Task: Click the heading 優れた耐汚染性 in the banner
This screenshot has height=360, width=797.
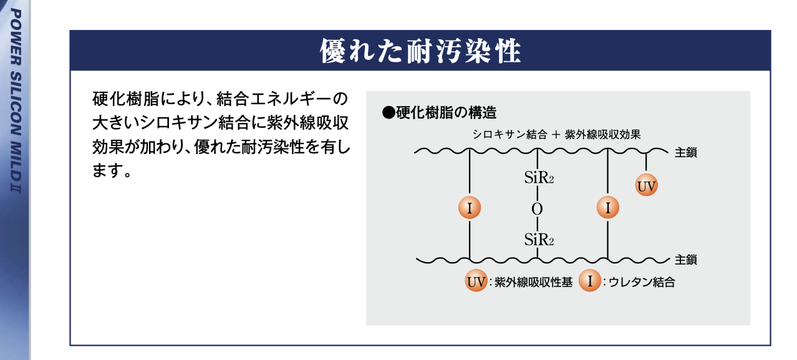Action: (x=420, y=51)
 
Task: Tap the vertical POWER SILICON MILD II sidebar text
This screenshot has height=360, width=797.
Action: (x=16, y=100)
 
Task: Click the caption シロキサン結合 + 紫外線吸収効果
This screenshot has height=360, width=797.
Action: (x=556, y=134)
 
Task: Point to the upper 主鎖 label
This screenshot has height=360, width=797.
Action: (x=685, y=152)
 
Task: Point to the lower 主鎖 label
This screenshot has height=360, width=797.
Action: (x=685, y=260)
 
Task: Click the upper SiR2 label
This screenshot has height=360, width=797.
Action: (x=539, y=178)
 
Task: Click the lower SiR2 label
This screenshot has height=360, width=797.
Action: (x=539, y=238)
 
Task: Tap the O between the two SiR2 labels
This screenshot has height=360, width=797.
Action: (x=537, y=208)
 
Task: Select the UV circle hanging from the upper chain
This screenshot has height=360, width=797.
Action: (x=647, y=185)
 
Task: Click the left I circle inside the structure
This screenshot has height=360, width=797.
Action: (x=469, y=208)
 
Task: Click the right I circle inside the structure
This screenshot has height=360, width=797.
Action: (x=607, y=208)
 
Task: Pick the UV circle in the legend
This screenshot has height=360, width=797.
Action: (x=476, y=281)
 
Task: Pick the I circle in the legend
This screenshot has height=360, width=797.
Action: (x=589, y=281)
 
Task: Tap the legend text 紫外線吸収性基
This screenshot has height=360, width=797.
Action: (x=533, y=283)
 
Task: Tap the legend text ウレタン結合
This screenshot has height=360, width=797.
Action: (x=640, y=283)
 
